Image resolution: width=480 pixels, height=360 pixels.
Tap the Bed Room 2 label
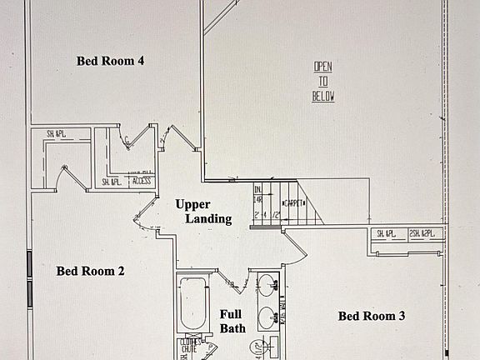click(90, 271)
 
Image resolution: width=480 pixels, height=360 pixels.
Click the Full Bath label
click(231, 322)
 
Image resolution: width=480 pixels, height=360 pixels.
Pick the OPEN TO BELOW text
click(323, 81)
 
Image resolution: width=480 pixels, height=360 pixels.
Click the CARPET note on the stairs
click(295, 202)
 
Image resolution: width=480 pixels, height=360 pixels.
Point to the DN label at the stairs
click(258, 189)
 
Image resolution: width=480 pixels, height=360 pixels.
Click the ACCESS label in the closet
click(141, 181)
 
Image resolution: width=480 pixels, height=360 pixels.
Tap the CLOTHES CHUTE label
click(187, 345)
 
